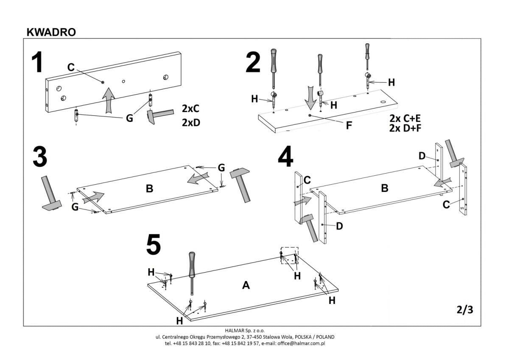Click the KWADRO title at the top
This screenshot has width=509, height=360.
coord(51,32)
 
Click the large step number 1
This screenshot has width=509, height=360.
coord(38,62)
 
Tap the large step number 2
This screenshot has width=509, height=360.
coord(253,62)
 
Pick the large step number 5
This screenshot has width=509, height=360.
coord(154,245)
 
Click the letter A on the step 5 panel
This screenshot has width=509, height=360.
coord(246,286)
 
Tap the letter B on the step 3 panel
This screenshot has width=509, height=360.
coord(149,188)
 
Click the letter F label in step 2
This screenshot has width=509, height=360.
coord(349,126)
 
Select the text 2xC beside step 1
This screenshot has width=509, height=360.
coord(190,108)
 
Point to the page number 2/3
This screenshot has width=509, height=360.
coord(464,310)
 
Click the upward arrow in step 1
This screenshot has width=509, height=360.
coord(109,99)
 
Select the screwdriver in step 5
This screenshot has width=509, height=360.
coord(192,272)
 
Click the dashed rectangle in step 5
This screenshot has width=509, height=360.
coord(289,255)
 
